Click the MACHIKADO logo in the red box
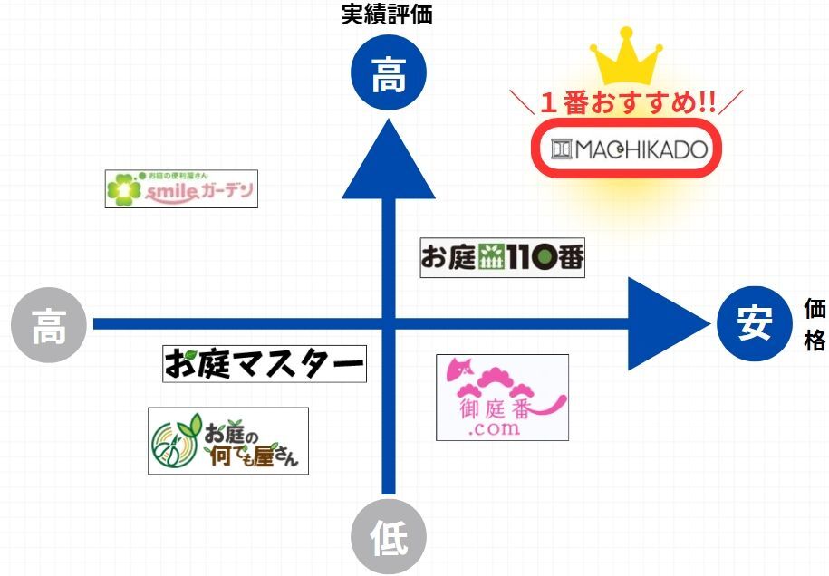[x=627, y=149]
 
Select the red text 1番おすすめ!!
[x=627, y=101]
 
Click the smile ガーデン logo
[x=181, y=188]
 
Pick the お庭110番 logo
[x=503, y=258]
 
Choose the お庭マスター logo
[x=265, y=364]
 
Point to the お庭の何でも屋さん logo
[x=228, y=441]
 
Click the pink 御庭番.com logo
[x=502, y=398]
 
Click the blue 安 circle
[x=753, y=323]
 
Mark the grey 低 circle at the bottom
[x=389, y=540]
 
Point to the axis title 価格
[x=815, y=324]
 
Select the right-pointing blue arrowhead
[x=665, y=323]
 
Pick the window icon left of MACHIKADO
[x=563, y=149]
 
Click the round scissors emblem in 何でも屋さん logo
[x=172, y=445]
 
